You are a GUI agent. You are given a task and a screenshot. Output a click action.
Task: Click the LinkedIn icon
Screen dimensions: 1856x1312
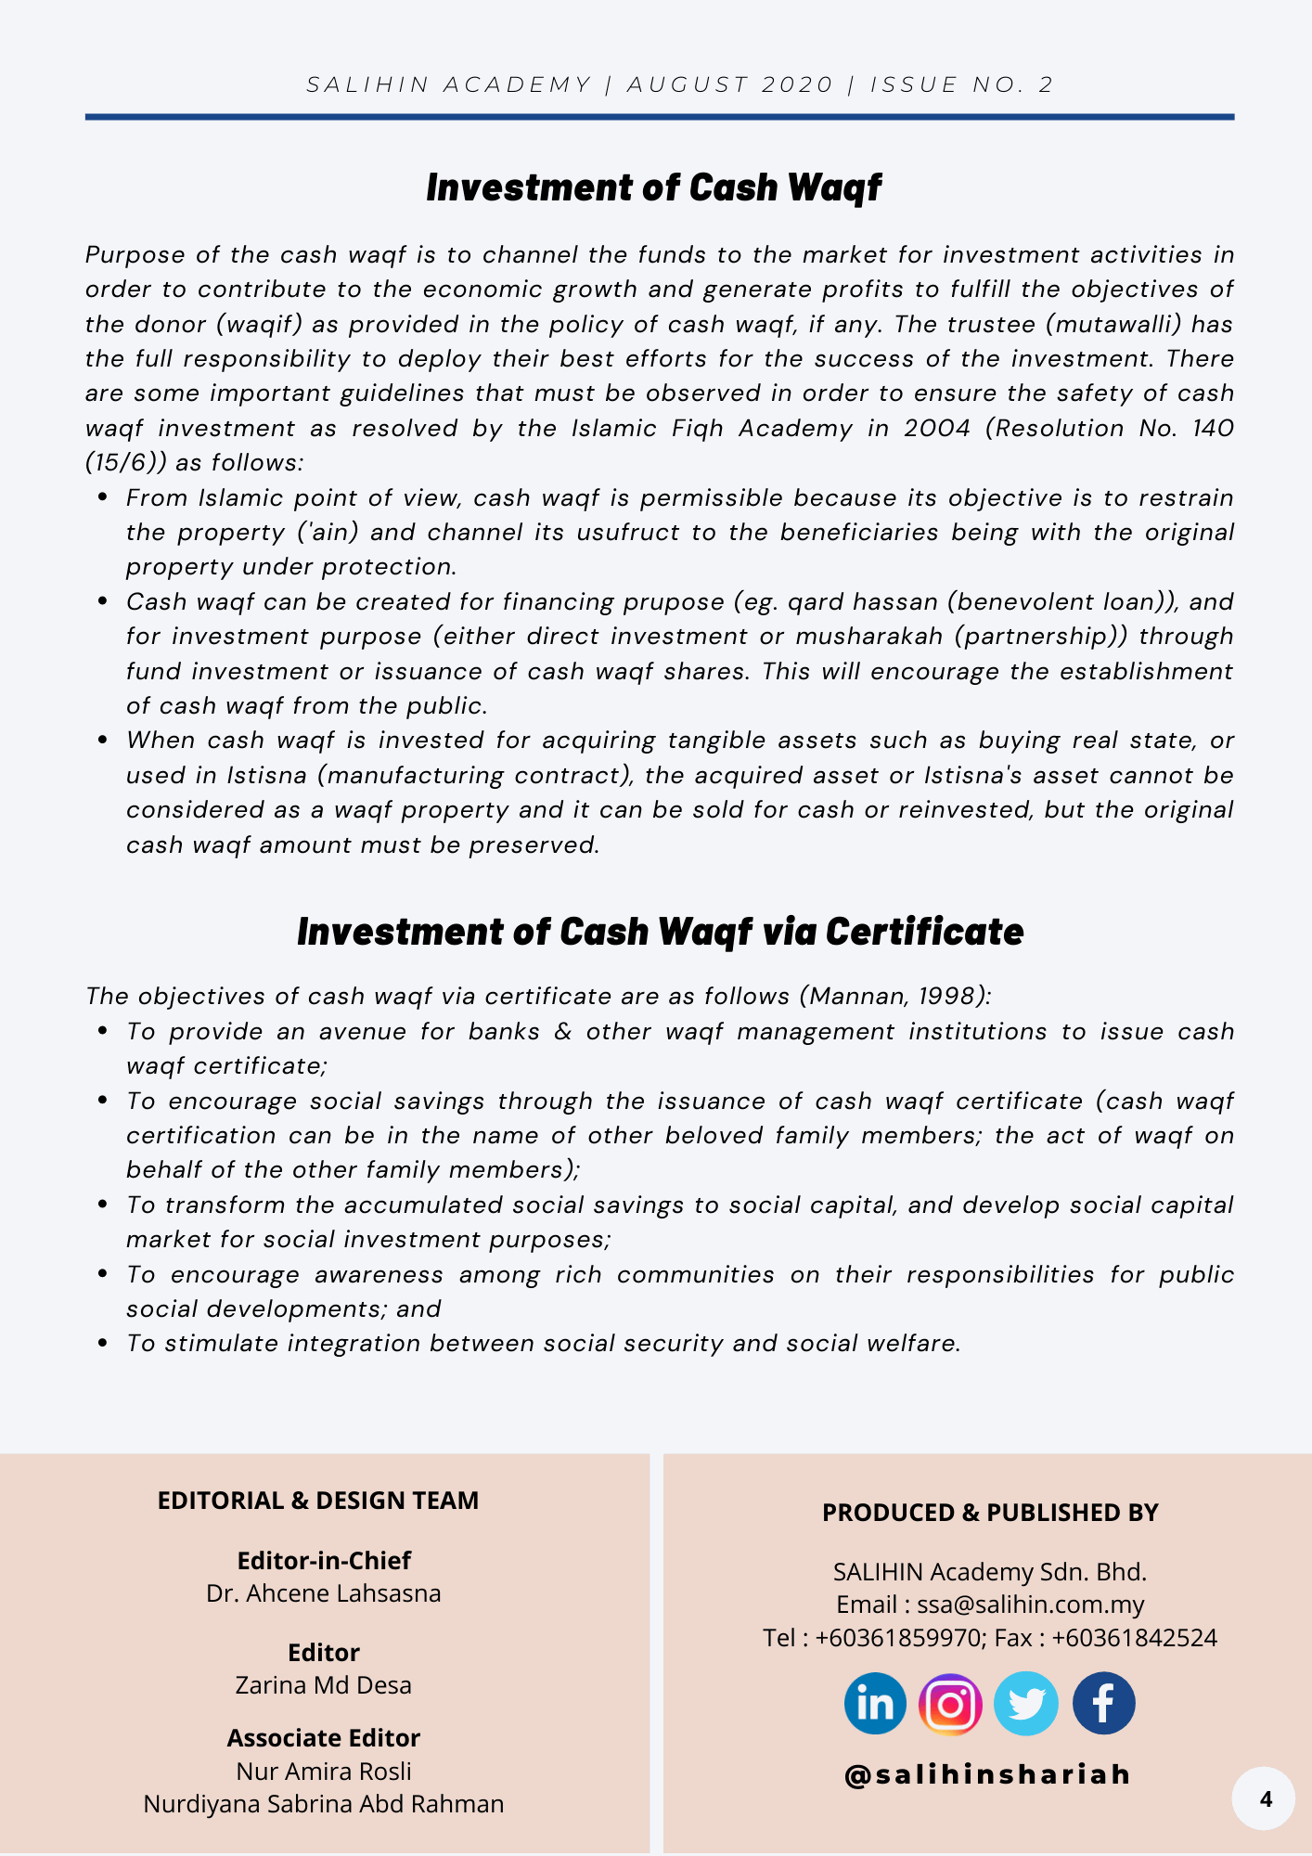click(875, 1704)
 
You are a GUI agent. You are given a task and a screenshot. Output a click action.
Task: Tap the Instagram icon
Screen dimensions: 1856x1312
click(950, 1704)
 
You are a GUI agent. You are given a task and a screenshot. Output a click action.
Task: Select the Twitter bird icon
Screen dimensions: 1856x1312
click(1026, 1704)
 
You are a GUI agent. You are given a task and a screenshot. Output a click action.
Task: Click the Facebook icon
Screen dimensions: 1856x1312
click(1103, 1704)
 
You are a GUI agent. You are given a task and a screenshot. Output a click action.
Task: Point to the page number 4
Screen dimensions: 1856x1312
click(1266, 1799)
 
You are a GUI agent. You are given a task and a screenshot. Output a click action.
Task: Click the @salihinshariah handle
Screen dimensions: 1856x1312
click(988, 1774)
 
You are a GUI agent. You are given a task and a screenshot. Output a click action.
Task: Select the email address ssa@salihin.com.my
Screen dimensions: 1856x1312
click(1031, 1604)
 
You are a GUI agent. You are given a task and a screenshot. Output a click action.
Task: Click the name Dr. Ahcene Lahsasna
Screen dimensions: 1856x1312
click(324, 1593)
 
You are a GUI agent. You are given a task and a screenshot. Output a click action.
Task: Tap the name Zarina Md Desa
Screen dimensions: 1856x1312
click(324, 1684)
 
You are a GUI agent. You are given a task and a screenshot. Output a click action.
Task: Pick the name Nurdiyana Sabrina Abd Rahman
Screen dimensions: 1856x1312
click(324, 1803)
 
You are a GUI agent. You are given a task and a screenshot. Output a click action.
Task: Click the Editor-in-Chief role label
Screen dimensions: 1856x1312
click(324, 1561)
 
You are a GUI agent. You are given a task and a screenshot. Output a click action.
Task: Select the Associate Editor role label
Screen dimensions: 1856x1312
click(324, 1737)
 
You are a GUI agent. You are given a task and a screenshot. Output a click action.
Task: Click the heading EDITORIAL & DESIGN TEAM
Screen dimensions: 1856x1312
click(318, 1501)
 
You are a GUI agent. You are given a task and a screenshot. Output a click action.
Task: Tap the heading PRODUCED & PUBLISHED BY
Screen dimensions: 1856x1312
click(990, 1513)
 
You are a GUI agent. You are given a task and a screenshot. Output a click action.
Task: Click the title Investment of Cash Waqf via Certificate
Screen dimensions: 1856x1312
click(660, 932)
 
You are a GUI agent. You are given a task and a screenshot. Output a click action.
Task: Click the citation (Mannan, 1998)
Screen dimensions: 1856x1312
click(894, 996)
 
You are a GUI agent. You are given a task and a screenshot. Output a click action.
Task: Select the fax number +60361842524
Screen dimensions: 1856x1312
click(1134, 1637)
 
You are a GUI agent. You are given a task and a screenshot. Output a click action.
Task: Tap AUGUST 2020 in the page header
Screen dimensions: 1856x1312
click(731, 84)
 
